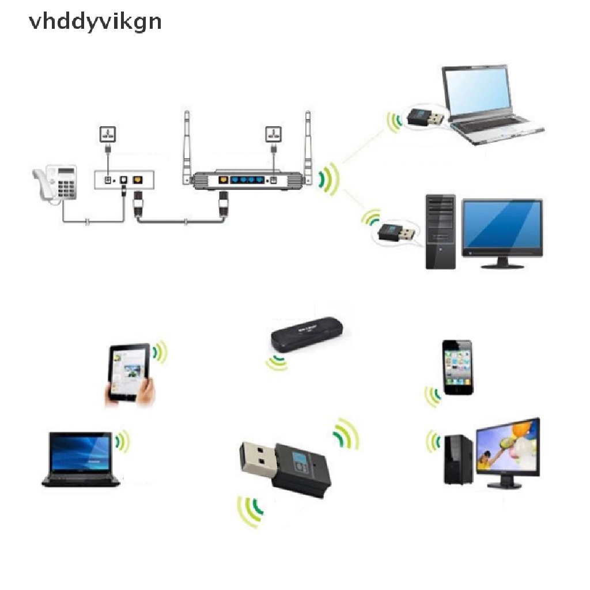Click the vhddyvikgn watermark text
(96, 22)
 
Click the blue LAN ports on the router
(246, 180)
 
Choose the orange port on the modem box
(137, 180)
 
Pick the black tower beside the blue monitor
(440, 232)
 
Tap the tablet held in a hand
(130, 373)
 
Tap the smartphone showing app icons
(457, 367)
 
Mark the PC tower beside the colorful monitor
(458, 458)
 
